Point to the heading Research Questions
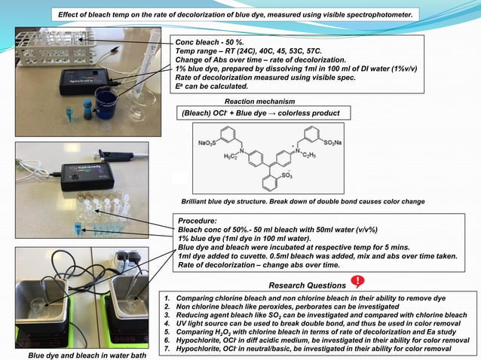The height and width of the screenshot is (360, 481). pos(305,285)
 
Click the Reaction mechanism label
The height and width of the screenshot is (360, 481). pos(260,101)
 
